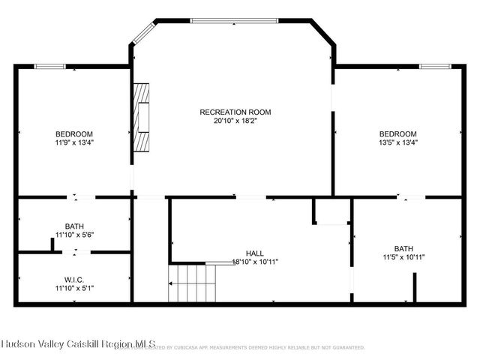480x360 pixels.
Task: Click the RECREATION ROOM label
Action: (x=235, y=112)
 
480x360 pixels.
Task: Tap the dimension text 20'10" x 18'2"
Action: (x=235, y=120)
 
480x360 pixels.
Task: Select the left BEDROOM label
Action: (x=73, y=133)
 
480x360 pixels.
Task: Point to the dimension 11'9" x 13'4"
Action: (x=73, y=142)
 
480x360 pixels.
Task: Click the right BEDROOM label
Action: (x=397, y=133)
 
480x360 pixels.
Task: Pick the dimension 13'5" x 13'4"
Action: (x=397, y=142)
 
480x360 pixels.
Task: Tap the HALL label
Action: (x=255, y=253)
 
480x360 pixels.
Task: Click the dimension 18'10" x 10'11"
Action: (x=255, y=262)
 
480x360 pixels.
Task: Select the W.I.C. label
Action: (x=73, y=278)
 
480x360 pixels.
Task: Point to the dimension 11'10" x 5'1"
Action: (x=73, y=286)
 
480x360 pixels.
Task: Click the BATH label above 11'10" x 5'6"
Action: (x=73, y=226)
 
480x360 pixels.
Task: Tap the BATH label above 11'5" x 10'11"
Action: (x=403, y=248)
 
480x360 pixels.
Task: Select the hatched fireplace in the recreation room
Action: (x=141, y=117)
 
